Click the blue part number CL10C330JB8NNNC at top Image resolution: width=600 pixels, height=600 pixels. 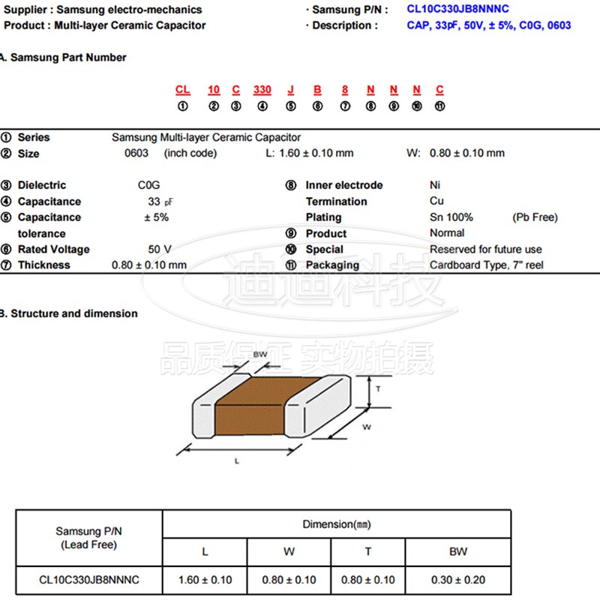click(458, 10)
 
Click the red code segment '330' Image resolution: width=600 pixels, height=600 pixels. click(262, 90)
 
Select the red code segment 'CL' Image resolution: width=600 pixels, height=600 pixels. click(182, 90)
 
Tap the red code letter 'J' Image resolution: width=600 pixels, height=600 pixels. click(291, 90)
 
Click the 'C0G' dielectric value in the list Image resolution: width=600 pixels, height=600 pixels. click(148, 185)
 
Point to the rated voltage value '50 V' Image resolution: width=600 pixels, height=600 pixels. click(160, 249)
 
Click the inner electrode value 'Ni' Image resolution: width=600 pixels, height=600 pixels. click(435, 185)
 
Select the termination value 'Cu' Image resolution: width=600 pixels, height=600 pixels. click(436, 201)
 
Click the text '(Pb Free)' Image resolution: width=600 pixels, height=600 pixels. click(535, 217)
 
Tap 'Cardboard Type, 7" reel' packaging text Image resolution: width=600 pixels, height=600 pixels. click(487, 265)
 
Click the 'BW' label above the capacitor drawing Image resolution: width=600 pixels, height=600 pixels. click(260, 354)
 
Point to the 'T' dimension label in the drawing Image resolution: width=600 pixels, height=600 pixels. click(379, 389)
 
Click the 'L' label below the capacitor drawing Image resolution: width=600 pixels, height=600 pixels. click(236, 461)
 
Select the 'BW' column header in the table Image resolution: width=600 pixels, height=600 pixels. click(458, 551)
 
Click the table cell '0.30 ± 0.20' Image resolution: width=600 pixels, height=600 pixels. click(458, 580)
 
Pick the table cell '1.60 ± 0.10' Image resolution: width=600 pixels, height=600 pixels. click(205, 580)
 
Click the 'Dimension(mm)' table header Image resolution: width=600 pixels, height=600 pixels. click(337, 524)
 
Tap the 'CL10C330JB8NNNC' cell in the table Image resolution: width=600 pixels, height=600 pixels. click(89, 580)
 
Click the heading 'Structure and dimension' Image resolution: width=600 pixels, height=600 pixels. click(73, 313)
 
